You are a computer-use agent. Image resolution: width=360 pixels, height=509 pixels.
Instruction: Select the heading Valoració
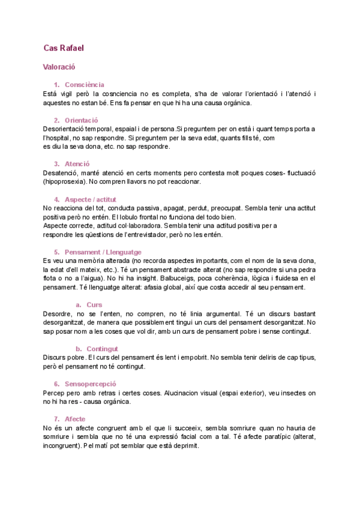[x=59, y=68]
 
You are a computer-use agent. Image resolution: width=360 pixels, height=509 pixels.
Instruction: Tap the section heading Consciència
[x=85, y=85]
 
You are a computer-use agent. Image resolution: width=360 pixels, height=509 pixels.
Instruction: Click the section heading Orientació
[x=81, y=120]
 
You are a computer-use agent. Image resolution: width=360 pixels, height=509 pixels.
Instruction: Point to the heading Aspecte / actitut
[x=91, y=199]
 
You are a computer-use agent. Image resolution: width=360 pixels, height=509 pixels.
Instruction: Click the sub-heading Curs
[x=94, y=305]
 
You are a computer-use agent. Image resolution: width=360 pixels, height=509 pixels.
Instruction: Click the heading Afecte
[x=75, y=418]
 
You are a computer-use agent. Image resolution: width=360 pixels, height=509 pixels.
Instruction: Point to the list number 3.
[x=56, y=164]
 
